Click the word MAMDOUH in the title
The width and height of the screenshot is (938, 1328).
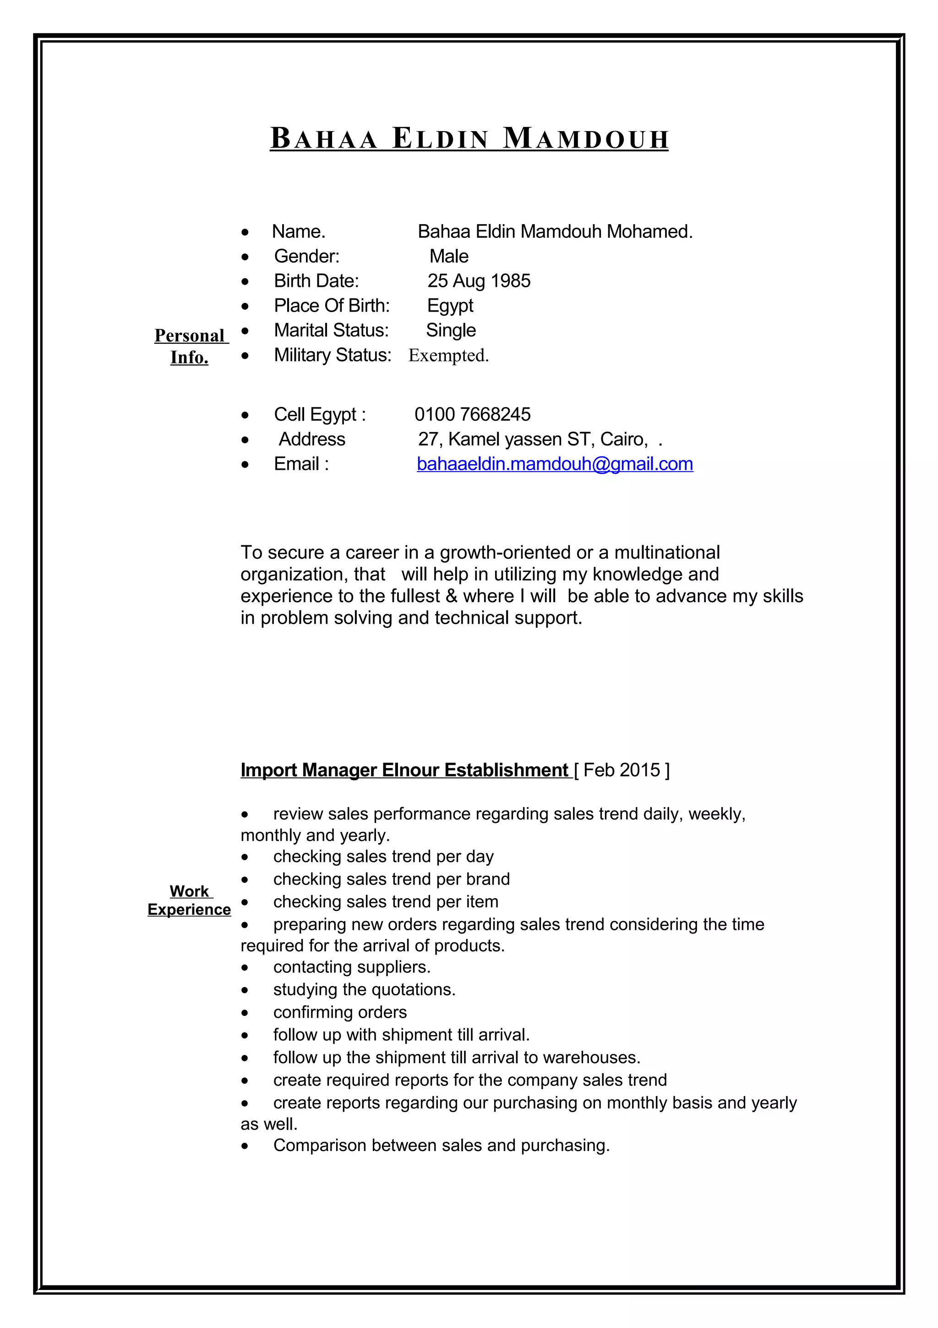(x=585, y=139)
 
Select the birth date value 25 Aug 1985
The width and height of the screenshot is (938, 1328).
(x=479, y=281)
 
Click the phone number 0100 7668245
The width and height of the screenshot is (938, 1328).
(x=472, y=414)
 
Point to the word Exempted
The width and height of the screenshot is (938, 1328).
(x=448, y=355)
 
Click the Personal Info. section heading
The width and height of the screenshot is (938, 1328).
(x=190, y=346)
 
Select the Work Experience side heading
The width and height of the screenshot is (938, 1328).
(x=189, y=900)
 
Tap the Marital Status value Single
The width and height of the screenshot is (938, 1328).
(x=451, y=330)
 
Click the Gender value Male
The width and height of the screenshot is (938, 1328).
(x=448, y=256)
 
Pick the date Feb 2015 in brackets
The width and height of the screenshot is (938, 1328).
(x=622, y=770)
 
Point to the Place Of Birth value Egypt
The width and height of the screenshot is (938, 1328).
(x=450, y=305)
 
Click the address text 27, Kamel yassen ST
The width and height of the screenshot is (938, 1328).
(x=503, y=439)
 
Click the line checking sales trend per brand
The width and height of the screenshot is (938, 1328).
(x=391, y=879)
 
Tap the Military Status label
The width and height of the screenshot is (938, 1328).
(x=333, y=355)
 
